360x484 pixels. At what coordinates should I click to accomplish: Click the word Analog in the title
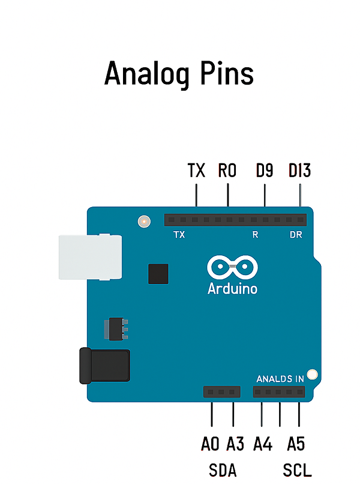[x=147, y=74]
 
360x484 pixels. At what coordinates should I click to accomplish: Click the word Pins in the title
[x=227, y=73]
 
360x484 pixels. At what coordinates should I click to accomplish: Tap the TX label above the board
[x=197, y=171]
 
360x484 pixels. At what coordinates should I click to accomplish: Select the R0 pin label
[x=227, y=171]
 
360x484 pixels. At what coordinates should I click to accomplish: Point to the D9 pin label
[x=265, y=171]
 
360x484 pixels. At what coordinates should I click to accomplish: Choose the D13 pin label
[x=299, y=171]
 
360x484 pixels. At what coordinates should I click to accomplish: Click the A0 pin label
[x=210, y=444]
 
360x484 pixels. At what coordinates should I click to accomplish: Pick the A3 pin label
[x=235, y=444]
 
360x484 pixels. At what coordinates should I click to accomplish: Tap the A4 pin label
[x=263, y=444]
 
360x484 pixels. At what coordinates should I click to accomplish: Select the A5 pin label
[x=296, y=444]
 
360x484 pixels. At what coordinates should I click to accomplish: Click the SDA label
[x=223, y=470]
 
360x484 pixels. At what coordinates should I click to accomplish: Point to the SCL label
[x=297, y=470]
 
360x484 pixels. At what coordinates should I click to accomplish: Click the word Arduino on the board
[x=232, y=289]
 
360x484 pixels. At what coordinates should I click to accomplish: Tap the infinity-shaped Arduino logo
[x=232, y=267]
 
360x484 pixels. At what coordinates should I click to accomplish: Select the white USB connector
[x=91, y=257]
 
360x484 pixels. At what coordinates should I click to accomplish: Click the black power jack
[x=105, y=366]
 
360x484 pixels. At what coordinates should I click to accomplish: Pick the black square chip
[x=158, y=274]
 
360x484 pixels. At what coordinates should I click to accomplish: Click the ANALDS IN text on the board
[x=280, y=379]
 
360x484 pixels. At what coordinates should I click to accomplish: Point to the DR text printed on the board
[x=296, y=235]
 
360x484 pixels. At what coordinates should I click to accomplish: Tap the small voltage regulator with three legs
[x=116, y=328]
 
